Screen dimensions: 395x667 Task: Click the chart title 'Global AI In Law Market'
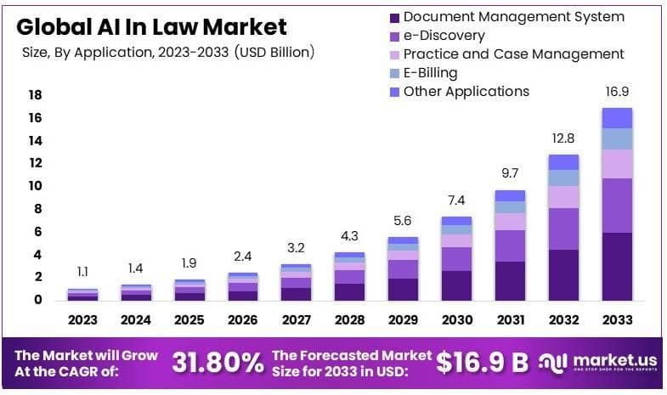[x=151, y=26]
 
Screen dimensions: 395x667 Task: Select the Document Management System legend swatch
[x=393, y=17]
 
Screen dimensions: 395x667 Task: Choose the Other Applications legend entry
[x=466, y=92]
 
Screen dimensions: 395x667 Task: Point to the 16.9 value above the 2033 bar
[x=617, y=92]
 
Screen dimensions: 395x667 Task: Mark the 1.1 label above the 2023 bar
[x=83, y=273]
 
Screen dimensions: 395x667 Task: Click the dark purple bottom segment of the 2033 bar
[x=617, y=266]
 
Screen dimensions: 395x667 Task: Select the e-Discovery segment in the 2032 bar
[x=563, y=229]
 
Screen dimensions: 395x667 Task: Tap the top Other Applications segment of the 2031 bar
[x=510, y=195]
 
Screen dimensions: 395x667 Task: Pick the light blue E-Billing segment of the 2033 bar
[x=617, y=138]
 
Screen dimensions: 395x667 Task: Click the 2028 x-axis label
[x=349, y=320]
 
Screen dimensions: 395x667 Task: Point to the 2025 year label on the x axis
[x=189, y=320]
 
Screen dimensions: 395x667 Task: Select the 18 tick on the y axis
[x=35, y=95]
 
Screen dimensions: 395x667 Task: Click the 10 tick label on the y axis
[x=35, y=186]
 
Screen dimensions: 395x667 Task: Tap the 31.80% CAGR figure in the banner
[x=218, y=363]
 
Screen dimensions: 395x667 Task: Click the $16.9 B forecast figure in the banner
[x=482, y=363]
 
